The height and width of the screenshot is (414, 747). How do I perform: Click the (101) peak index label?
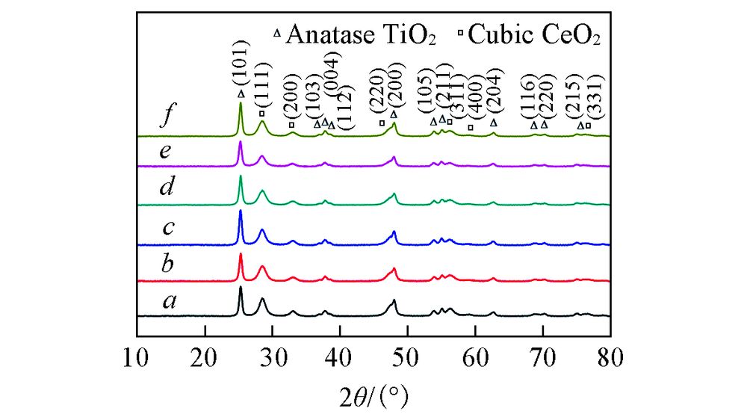coord(241,69)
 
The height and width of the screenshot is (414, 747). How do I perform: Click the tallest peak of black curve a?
coord(241,287)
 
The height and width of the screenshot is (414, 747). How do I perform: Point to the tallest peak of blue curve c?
coord(241,211)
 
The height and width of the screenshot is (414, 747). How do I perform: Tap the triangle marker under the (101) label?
coord(241,93)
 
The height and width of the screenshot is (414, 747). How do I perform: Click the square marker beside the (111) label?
coord(261,114)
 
